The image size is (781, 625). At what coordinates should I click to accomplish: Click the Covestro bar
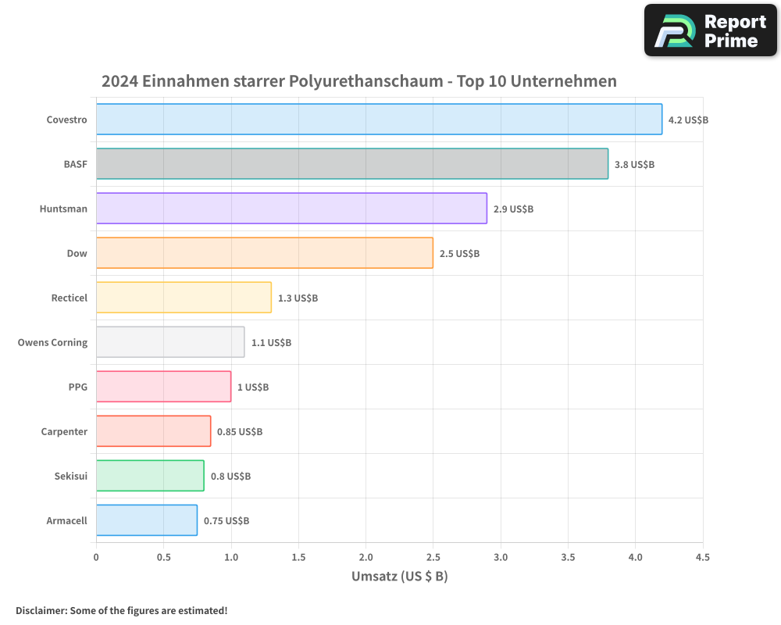(379, 120)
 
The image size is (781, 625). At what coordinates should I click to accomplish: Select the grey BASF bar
(351, 164)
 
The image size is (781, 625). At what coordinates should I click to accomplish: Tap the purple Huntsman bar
(291, 209)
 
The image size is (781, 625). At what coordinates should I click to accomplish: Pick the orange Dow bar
(264, 253)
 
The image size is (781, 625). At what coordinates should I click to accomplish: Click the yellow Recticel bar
(184, 298)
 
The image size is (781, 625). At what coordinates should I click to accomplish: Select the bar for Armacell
(146, 520)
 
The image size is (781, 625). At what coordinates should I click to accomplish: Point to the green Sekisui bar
(150, 476)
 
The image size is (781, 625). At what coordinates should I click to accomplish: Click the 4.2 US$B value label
(688, 120)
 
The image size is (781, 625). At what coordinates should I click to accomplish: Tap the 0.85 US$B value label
(240, 432)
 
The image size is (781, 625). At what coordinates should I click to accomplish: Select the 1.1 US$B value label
(271, 343)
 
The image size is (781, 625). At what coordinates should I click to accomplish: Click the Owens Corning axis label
(52, 343)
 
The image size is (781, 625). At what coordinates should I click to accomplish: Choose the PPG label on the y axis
(77, 387)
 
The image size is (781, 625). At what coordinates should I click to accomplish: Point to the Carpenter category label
(64, 432)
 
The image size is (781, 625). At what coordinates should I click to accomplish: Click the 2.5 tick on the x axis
(433, 558)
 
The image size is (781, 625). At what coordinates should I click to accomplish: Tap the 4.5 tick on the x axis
(703, 558)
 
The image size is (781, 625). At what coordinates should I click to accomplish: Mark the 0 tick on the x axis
(96, 558)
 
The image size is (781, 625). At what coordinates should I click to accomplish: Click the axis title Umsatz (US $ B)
(399, 577)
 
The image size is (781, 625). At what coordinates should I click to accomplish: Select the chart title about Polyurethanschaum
(359, 81)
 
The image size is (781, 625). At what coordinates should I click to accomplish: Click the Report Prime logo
(711, 30)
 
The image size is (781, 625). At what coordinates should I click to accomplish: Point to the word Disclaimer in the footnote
(41, 610)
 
